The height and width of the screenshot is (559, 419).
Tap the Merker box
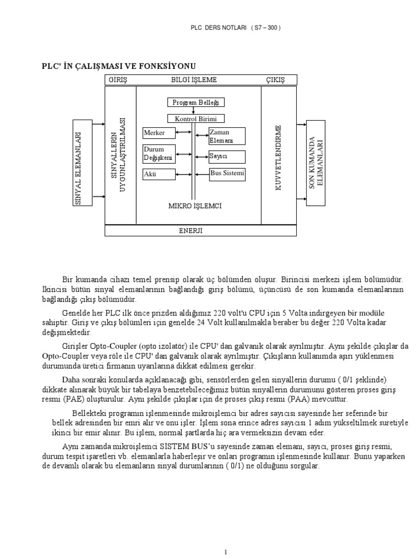point(158,133)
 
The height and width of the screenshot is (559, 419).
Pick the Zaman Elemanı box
point(226,136)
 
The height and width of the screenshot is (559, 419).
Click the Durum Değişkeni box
point(158,154)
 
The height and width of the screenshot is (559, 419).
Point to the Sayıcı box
point(226,157)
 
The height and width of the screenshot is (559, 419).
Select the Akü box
point(158,175)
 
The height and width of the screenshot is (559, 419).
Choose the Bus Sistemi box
point(226,174)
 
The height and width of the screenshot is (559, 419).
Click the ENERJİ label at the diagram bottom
point(191,230)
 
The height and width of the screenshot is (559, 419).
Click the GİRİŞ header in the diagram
point(118,80)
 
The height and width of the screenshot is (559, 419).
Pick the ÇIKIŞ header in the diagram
point(276,80)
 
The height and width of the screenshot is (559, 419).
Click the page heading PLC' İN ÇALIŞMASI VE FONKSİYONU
point(118,66)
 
